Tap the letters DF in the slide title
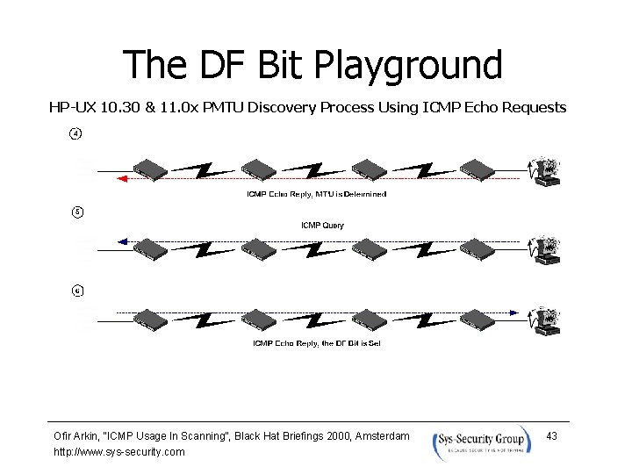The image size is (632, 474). [x=220, y=66]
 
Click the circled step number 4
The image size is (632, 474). [x=76, y=134]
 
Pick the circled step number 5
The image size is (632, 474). [x=76, y=212]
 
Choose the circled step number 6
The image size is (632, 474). [x=76, y=291]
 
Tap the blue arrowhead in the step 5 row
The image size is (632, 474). [x=123, y=240]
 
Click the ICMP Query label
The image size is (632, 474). [x=322, y=226]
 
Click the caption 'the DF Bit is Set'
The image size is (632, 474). [x=350, y=343]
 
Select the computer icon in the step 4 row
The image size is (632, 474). [x=547, y=171]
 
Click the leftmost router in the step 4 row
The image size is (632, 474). [x=148, y=169]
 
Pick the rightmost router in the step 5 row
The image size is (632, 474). [x=478, y=248]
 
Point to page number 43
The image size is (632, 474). [x=552, y=436]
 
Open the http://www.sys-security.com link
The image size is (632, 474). [x=119, y=452]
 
